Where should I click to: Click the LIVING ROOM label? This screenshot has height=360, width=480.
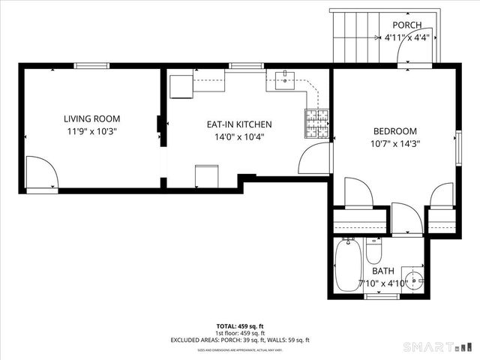click(91, 118)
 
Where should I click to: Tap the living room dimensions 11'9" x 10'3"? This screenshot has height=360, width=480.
click(91, 130)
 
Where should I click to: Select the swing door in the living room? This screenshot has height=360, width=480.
click(41, 173)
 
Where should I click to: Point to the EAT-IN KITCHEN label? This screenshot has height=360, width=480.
click(239, 124)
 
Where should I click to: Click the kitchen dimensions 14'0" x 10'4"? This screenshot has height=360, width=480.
click(239, 136)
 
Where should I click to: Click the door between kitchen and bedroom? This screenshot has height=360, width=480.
click(315, 158)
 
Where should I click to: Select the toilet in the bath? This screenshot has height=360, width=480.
click(375, 249)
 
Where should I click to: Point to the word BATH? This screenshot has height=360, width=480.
click(382, 271)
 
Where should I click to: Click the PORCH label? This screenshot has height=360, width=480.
click(407, 25)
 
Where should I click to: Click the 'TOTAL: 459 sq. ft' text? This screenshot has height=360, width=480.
click(239, 326)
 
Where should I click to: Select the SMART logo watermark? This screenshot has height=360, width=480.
click(439, 346)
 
